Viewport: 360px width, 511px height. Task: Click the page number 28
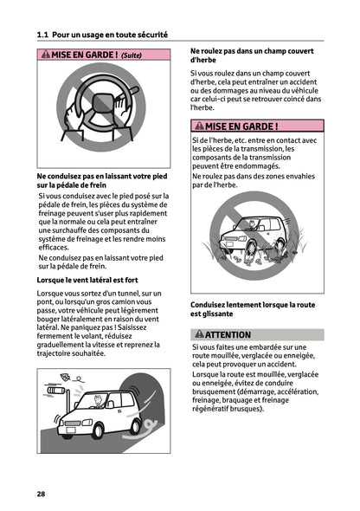41,493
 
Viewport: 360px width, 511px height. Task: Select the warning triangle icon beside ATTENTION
198,334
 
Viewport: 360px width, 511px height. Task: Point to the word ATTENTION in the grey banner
228,334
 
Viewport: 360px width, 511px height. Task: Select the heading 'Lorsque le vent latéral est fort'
87,281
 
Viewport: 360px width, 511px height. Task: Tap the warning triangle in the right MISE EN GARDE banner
198,126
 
